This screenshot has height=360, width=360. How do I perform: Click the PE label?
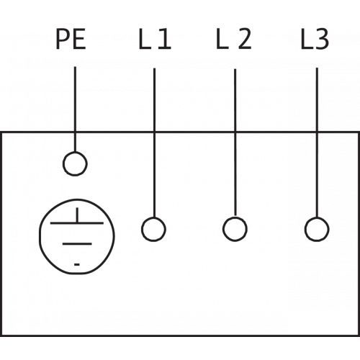[x=71, y=39]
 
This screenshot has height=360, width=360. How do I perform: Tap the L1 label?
[x=155, y=39]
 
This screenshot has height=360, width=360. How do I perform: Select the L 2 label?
[x=234, y=39]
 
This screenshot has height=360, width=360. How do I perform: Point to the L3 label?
[x=315, y=39]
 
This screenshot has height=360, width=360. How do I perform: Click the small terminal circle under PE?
[x=75, y=152]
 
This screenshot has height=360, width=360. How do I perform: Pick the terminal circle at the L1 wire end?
[x=153, y=217]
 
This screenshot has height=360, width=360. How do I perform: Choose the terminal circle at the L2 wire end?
[x=235, y=217]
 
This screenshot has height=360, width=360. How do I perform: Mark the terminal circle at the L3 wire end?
[x=317, y=217]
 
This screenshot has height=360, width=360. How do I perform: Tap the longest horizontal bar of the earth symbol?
[x=77, y=223]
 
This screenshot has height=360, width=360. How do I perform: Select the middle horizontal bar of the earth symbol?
[x=77, y=244]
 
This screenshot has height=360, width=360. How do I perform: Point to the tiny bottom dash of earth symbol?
[x=77, y=264]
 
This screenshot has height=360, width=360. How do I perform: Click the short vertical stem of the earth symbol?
[x=77, y=215]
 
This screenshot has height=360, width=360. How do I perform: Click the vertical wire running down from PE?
[x=75, y=109]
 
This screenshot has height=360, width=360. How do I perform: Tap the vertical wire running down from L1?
[x=154, y=143]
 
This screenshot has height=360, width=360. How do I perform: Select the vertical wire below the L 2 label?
[x=235, y=143]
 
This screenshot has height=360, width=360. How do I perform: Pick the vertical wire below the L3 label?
[x=317, y=143]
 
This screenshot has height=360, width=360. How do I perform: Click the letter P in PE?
[x=63, y=39]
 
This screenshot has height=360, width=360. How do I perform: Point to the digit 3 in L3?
[x=322, y=39]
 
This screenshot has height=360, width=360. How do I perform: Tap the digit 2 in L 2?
[x=245, y=39]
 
